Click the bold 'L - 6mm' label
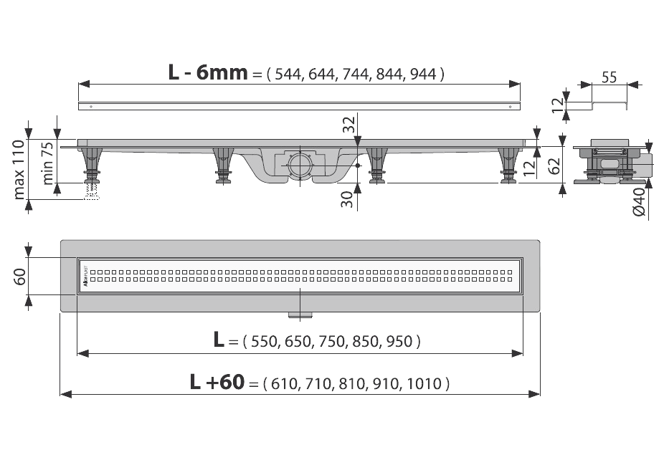[x=207, y=72]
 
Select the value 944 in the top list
[x=423, y=73]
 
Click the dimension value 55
[x=610, y=77]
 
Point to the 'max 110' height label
[x=19, y=170]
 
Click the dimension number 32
[x=349, y=125]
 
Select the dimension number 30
[x=349, y=198]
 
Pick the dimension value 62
[x=553, y=167]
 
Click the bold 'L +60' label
[x=217, y=383]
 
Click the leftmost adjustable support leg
[x=92, y=166]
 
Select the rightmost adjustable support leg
[x=508, y=166]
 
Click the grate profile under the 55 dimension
[x=610, y=105]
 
